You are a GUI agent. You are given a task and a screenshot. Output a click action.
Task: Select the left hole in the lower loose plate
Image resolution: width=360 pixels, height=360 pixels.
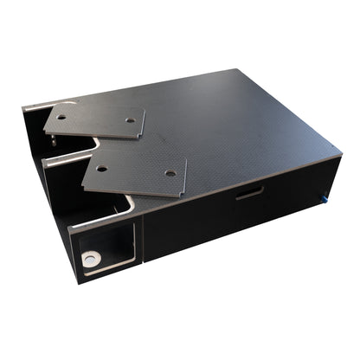(101, 169)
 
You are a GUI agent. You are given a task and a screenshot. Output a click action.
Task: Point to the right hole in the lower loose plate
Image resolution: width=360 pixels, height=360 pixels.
(170, 173)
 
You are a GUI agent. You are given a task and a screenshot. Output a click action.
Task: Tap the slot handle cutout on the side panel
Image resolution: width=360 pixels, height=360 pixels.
(249, 192)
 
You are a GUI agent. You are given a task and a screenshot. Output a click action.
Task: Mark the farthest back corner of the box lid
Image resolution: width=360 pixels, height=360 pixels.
(235, 69)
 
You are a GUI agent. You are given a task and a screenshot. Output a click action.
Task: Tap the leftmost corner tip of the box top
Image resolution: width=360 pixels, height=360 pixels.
(24, 107)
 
